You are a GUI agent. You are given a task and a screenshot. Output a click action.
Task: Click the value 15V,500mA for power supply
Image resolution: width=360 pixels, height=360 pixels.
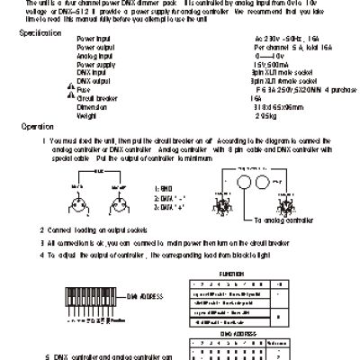pyautogui.click(x=245, y=64)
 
